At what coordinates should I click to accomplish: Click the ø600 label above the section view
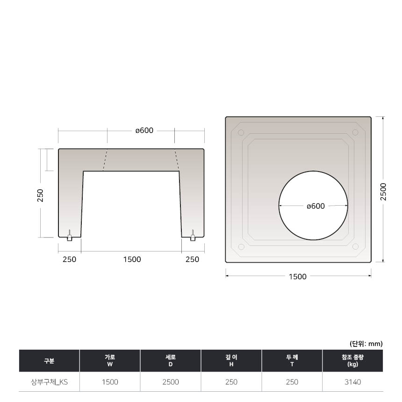click(144, 130)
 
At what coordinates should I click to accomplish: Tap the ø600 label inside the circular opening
click(316, 206)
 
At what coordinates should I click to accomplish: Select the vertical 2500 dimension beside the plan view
click(383, 192)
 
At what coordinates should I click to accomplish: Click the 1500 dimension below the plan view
click(298, 277)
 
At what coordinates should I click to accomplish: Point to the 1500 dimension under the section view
click(132, 259)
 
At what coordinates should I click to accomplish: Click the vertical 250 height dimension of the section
click(41, 195)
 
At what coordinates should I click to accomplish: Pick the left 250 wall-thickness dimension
click(69, 259)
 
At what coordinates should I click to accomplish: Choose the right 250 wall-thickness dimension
click(192, 259)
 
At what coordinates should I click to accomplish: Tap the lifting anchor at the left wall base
click(69, 236)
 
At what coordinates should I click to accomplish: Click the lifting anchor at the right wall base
click(193, 236)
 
